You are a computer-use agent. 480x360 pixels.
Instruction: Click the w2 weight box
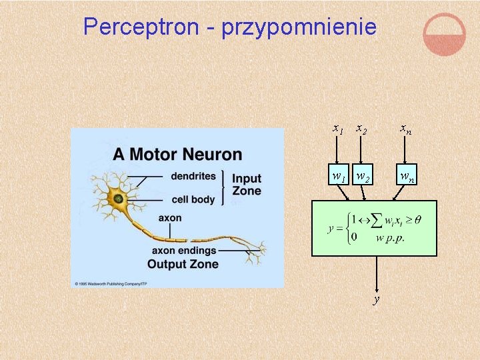pyautogui.click(x=363, y=175)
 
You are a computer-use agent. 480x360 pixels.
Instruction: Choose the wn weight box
pyautogui.click(x=407, y=175)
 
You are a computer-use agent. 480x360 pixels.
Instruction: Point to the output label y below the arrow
pyautogui.click(x=377, y=299)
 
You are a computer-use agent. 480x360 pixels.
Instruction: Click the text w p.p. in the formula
pyautogui.click(x=391, y=237)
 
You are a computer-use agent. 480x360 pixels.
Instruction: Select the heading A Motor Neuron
pyautogui.click(x=177, y=155)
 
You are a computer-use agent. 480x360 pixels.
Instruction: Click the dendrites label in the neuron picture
pyautogui.click(x=193, y=177)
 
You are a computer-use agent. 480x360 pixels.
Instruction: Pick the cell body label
pyautogui.click(x=193, y=199)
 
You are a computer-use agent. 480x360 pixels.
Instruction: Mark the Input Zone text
pyautogui.click(x=247, y=185)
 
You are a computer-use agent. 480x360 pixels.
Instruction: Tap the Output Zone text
pyautogui.click(x=183, y=264)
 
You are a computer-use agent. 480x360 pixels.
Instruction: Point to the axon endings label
pyautogui.click(x=184, y=251)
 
